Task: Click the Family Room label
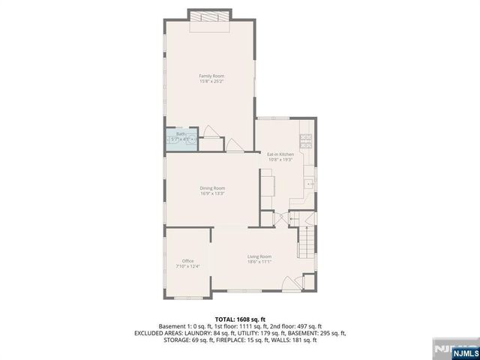[x=211, y=76]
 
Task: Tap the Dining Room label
[x=212, y=188]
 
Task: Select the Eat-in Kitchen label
[x=280, y=154]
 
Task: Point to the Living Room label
[x=259, y=256]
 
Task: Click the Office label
[x=187, y=261]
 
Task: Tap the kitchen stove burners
[x=306, y=138]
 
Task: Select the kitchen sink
[x=309, y=183]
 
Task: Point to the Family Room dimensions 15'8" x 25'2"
[x=211, y=81]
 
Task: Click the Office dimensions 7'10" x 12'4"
[x=187, y=266]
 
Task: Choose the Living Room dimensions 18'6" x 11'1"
[x=259, y=262]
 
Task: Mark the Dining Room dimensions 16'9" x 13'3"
[x=212, y=193]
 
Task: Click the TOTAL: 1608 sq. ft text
[x=240, y=319]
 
